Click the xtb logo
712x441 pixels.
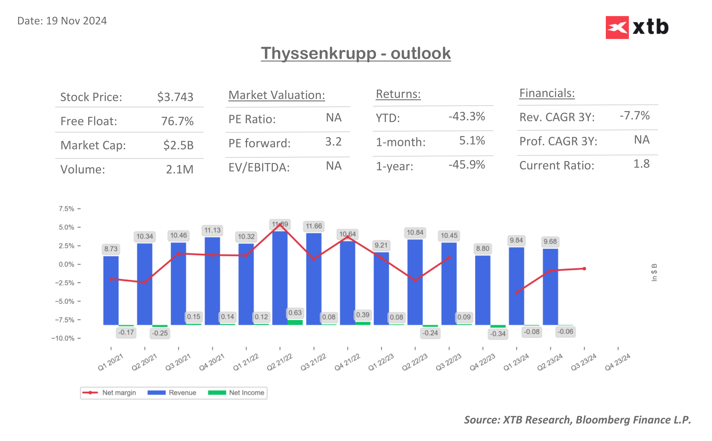[637, 27]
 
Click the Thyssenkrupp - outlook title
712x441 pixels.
[356, 53]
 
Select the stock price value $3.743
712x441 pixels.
[175, 97]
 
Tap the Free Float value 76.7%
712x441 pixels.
[177, 121]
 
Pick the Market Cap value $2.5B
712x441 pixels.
[179, 145]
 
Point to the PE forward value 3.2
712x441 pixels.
[333, 142]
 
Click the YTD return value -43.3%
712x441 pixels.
[467, 117]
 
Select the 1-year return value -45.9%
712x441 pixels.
[467, 165]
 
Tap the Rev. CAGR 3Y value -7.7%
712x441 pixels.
[635, 116]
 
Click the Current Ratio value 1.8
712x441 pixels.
[641, 164]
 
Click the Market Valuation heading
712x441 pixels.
[277, 95]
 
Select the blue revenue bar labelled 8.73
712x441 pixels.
[111, 290]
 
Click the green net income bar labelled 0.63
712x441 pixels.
[295, 322]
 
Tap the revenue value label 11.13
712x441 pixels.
[212, 231]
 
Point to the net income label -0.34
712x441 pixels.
[498, 334]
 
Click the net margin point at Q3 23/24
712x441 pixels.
[584, 269]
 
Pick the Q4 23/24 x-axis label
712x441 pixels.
[617, 362]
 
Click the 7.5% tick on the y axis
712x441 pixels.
[67, 209]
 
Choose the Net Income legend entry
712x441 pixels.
[236, 392]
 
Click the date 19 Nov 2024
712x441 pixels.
[76, 21]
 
